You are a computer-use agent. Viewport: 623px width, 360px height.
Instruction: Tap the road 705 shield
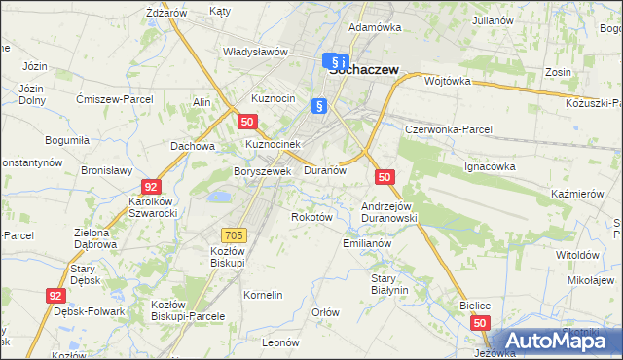click(234, 234)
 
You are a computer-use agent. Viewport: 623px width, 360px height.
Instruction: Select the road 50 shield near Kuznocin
click(248, 122)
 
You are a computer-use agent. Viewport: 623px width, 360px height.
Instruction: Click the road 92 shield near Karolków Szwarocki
click(150, 186)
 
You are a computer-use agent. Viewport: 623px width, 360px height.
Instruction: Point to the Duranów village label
click(325, 170)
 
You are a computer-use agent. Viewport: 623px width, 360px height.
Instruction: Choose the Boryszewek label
click(263, 171)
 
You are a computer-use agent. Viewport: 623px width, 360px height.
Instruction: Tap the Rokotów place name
click(312, 217)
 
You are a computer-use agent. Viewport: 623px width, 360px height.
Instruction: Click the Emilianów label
click(367, 243)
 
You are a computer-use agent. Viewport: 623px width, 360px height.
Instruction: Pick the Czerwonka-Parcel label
click(449, 129)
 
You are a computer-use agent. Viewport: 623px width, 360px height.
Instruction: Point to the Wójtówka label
click(448, 82)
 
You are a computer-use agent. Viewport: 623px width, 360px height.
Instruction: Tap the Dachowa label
click(192, 146)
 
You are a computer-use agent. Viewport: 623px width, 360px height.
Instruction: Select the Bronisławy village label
click(106, 170)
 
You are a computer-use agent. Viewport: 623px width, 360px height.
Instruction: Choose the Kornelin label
click(263, 295)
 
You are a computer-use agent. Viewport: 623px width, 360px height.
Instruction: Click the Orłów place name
click(324, 312)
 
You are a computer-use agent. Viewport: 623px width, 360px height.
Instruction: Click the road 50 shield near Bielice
click(480, 322)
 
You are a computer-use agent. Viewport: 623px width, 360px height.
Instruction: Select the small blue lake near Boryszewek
click(220, 197)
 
